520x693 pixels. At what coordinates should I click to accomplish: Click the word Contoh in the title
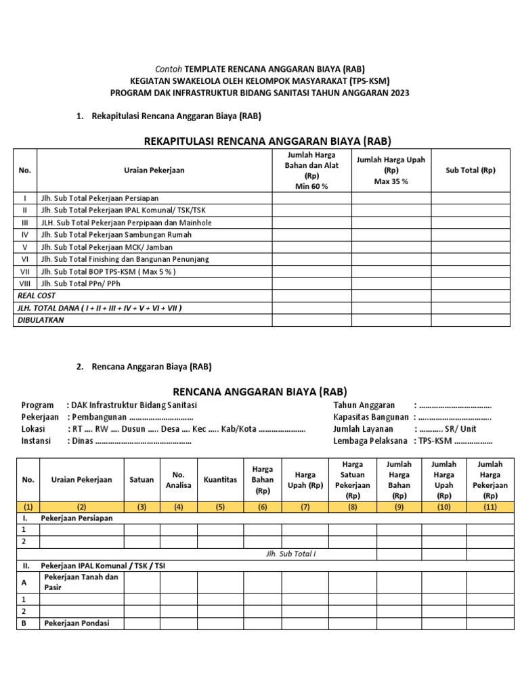(x=169, y=69)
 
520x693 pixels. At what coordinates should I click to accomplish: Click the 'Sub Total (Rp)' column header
(x=471, y=170)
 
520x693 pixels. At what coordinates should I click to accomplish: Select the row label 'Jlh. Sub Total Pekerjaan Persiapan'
(x=100, y=198)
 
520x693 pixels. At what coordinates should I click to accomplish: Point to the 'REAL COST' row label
(x=37, y=296)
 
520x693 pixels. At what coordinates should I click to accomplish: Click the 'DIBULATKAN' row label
(x=41, y=320)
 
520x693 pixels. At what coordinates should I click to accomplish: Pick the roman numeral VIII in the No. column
(x=25, y=284)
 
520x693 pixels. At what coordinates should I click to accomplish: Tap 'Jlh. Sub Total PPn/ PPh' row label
(x=81, y=284)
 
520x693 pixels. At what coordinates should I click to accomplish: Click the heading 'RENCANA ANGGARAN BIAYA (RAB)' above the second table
(x=260, y=391)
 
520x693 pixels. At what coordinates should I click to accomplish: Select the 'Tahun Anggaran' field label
(x=364, y=405)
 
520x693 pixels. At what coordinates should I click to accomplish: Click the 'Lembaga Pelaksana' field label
(x=370, y=441)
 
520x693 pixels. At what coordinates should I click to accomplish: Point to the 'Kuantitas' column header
(x=221, y=479)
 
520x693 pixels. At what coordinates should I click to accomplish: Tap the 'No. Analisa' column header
(x=179, y=480)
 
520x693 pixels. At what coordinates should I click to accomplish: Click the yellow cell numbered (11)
(x=490, y=506)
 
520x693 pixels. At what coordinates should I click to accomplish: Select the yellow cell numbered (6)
(x=263, y=506)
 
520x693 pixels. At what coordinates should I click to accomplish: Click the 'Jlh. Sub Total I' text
(x=291, y=554)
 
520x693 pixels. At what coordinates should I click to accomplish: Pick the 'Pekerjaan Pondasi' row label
(x=76, y=623)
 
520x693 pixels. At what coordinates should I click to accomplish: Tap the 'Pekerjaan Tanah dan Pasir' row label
(x=81, y=583)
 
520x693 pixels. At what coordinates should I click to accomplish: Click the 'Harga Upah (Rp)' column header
(x=305, y=480)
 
